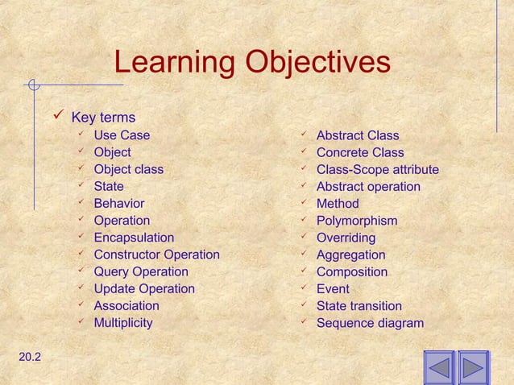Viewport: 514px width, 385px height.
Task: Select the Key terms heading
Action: pos(103,118)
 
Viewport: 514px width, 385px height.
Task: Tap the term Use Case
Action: pos(122,135)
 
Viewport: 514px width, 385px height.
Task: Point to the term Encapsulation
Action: pos(134,238)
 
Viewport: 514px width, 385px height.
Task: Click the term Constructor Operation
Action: pos(156,255)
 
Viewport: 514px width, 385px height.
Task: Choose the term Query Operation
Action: pos(141,271)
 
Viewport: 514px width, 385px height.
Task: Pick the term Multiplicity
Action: pos(123,323)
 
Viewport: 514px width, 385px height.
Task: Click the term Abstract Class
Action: pos(357,135)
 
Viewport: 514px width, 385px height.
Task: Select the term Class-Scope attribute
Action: pos(377,169)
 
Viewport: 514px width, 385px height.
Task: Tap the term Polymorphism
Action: pos(356,221)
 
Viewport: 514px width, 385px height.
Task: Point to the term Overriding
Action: pos(346,238)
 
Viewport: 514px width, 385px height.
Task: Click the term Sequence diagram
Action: pos(369,323)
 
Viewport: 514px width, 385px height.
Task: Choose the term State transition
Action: pos(359,306)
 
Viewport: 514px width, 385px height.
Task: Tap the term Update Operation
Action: pos(144,288)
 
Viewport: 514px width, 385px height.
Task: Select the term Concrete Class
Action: pos(359,152)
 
